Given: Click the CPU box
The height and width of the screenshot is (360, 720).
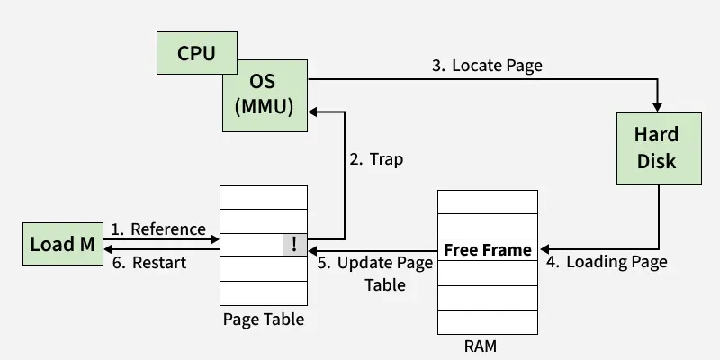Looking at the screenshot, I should coord(196,53).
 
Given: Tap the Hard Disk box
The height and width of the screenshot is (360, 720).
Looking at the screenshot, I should coord(656,148).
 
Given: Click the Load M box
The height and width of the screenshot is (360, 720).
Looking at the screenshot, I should coord(62,245).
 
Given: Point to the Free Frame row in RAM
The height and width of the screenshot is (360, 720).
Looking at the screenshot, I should coord(488,248).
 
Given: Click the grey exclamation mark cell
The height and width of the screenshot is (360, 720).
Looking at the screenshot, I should coord(295,244).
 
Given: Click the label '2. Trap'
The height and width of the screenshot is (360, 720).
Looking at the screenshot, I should coord(376,159).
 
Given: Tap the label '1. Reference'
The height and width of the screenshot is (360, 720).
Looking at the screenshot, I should coord(158,229).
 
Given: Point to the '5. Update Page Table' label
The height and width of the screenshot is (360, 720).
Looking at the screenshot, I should coord(376,273).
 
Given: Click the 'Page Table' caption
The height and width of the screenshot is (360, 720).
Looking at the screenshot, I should coord(264,319).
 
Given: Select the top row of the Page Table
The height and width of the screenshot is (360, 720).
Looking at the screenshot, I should coord(264,196).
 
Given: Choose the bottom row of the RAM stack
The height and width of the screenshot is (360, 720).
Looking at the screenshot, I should coord(488,319).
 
